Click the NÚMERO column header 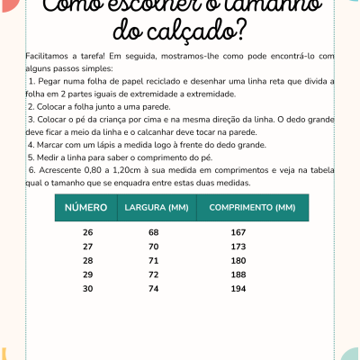(x=87, y=208)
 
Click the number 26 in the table (x=87, y=232)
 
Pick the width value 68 (x=153, y=232)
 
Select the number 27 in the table (x=87, y=247)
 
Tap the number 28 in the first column (x=87, y=260)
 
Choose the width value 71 (x=153, y=260)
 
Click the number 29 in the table (x=87, y=274)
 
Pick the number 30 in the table (x=87, y=288)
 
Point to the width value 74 (x=153, y=288)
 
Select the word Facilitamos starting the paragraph (x=49, y=56)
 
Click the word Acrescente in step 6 (x=58, y=169)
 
